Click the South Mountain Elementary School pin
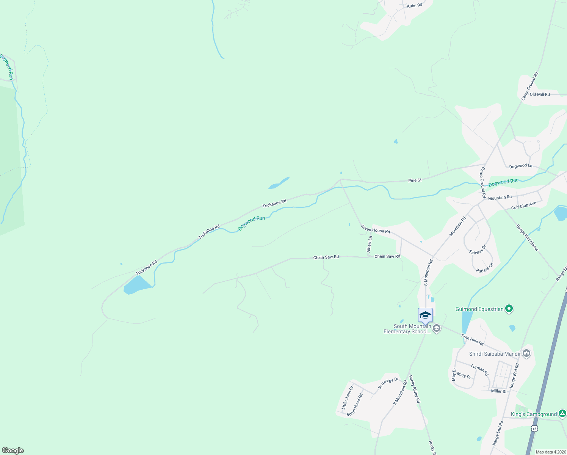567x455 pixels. pyautogui.click(x=425, y=315)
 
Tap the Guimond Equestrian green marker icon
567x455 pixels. pyautogui.click(x=509, y=309)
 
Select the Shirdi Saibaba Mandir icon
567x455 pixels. pyautogui.click(x=526, y=354)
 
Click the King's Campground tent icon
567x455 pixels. pyautogui.click(x=562, y=414)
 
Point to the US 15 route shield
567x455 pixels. pyautogui.click(x=534, y=428)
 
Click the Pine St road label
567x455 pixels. pyautogui.click(x=415, y=180)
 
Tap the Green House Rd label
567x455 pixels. pyautogui.click(x=375, y=229)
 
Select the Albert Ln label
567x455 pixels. pyautogui.click(x=369, y=244)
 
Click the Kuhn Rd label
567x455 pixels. pyautogui.click(x=414, y=6)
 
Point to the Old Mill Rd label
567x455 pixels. pyautogui.click(x=540, y=94)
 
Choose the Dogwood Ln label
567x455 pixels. pyautogui.click(x=520, y=166)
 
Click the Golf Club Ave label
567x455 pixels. pyautogui.click(x=523, y=206)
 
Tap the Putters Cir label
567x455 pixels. pyautogui.click(x=485, y=267)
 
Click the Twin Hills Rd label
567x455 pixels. pyautogui.click(x=472, y=339)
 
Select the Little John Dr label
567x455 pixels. pyautogui.click(x=347, y=397)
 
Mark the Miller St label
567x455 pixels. pyautogui.click(x=498, y=391)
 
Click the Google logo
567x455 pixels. pyautogui.click(x=13, y=450)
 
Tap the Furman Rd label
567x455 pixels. pyautogui.click(x=479, y=370)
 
